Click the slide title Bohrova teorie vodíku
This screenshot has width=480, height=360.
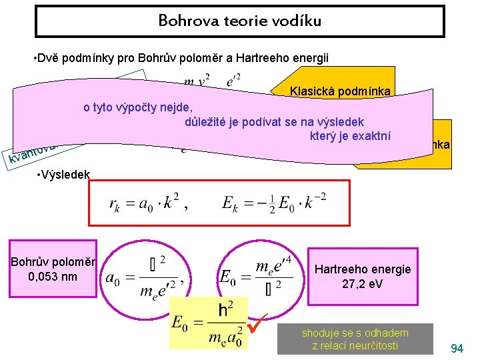pyautogui.click(x=239, y=21)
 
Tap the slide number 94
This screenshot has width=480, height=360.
pyautogui.click(x=457, y=348)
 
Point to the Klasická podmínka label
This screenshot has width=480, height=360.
pyautogui.click(x=341, y=92)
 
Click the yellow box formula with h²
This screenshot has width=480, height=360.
pyautogui.click(x=209, y=323)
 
